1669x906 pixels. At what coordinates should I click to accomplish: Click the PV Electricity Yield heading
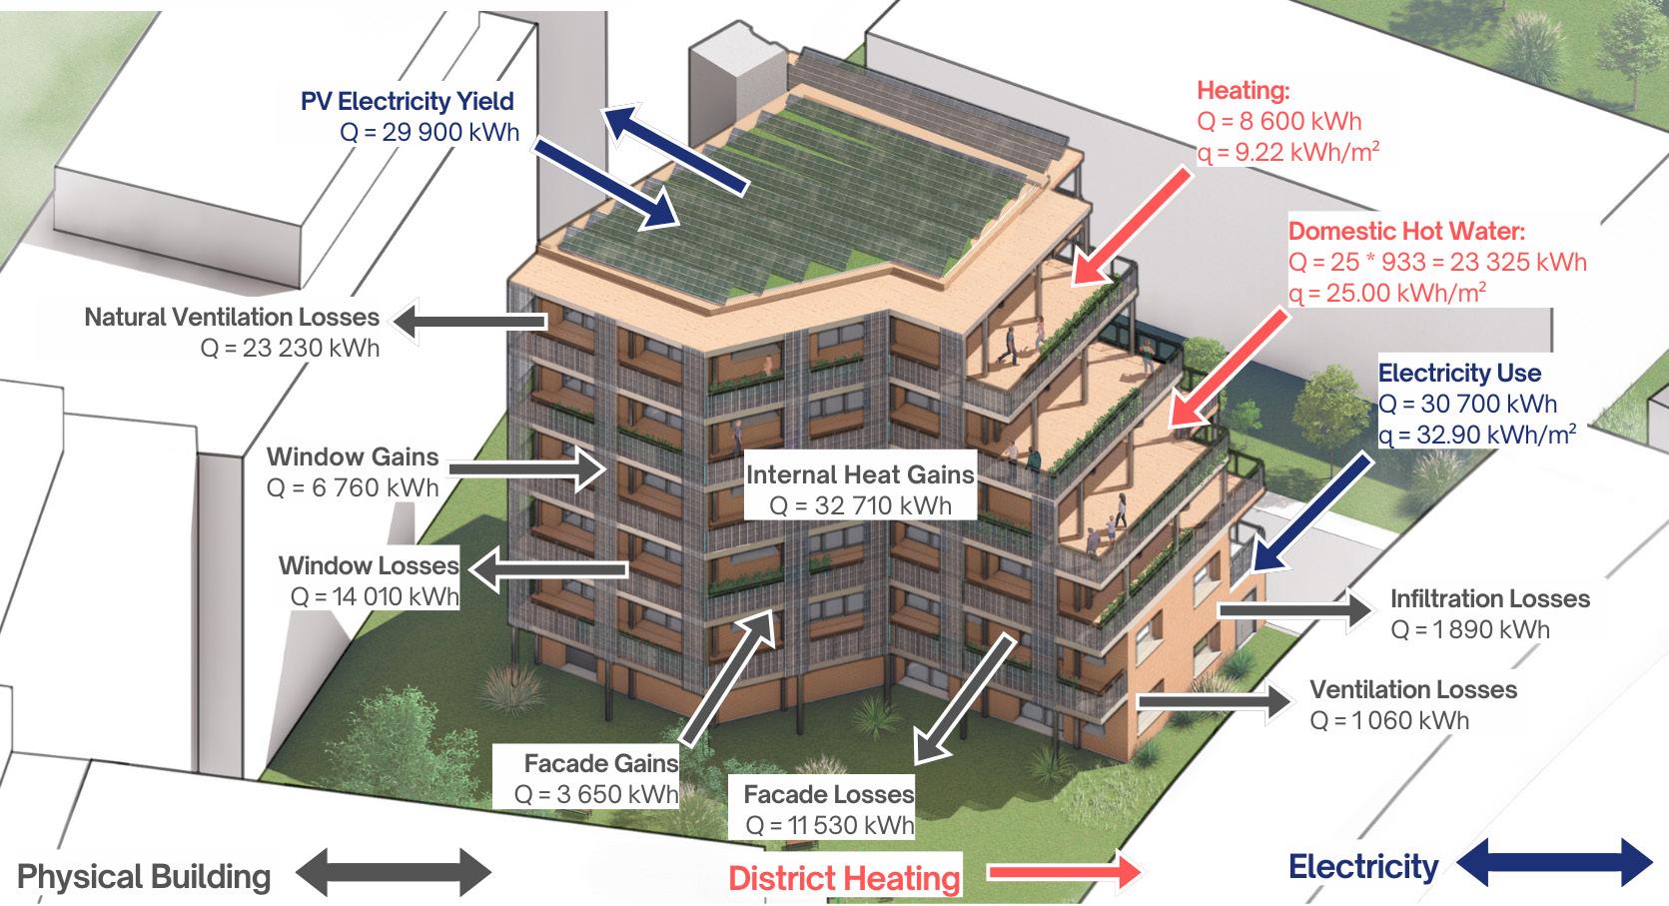coord(408,101)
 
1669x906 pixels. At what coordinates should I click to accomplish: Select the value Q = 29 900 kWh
coord(429,132)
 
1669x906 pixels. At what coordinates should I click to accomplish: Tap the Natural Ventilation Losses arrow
coord(469,322)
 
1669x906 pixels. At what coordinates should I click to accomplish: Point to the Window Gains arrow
coord(524,468)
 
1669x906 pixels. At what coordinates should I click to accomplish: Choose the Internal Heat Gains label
coord(859,474)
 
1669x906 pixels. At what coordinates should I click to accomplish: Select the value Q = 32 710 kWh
coord(860,505)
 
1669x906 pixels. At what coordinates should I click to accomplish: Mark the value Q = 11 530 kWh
coord(829,826)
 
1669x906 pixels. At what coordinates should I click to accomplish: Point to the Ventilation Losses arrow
coord(1214,700)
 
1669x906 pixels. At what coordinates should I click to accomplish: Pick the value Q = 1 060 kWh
coord(1389,720)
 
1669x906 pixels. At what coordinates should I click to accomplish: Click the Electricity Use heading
coord(1459,374)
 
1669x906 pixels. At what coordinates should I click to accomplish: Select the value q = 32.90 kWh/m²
coord(1477,435)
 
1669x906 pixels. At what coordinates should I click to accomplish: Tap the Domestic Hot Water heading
coord(1406,232)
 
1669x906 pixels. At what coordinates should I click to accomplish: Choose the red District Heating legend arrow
coord(1063,872)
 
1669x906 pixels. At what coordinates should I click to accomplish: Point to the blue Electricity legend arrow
coord(1555,862)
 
